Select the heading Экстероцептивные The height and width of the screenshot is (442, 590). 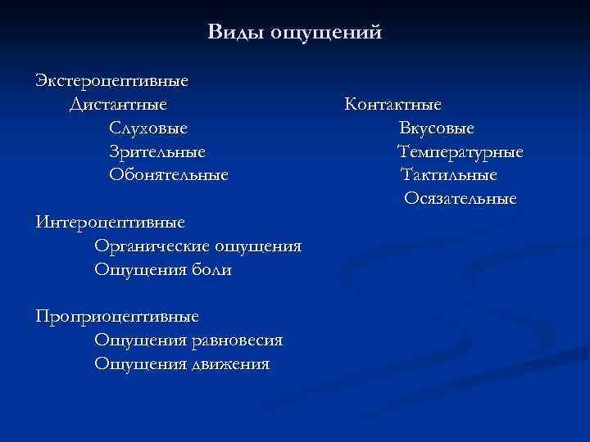tap(111, 82)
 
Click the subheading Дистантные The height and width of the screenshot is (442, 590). tap(119, 105)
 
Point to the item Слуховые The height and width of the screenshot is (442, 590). tap(147, 129)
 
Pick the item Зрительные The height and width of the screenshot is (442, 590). tap(157, 152)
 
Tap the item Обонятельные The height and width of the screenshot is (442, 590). tap(169, 175)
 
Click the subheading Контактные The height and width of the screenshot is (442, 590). tap(393, 105)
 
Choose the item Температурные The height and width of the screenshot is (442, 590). tap(461, 152)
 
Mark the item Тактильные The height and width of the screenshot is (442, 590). tap(448, 175)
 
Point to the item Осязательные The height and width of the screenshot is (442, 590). tap(460, 199)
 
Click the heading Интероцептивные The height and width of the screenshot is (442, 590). tap(110, 222)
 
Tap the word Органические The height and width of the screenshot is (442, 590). tap(152, 246)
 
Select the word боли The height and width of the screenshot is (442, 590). tap(211, 269)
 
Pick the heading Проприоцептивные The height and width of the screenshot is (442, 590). tap(116, 316)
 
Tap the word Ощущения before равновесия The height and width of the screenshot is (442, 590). tap(134, 340)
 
